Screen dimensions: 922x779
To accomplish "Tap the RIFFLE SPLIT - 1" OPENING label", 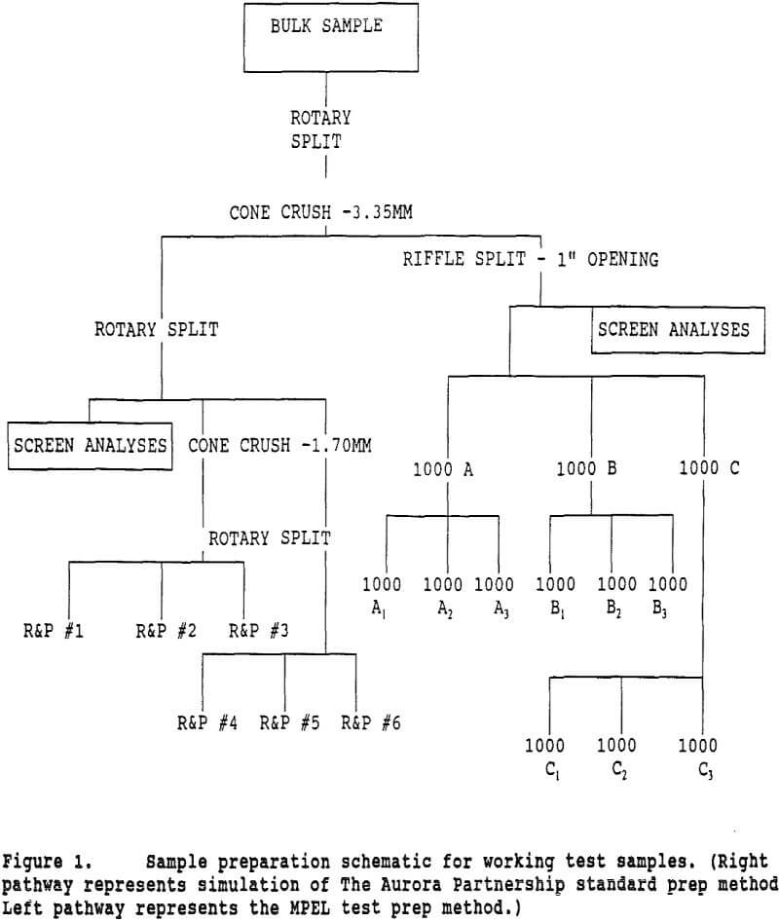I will tap(530, 259).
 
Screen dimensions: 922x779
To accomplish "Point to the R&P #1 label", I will tap(53, 631).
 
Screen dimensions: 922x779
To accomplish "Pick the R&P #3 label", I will tap(259, 631).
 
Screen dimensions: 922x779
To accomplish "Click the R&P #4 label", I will tap(207, 723).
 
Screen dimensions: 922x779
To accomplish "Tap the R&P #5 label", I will tap(289, 723).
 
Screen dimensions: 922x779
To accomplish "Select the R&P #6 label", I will tap(371, 723).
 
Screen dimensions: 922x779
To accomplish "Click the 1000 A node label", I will tap(442, 468).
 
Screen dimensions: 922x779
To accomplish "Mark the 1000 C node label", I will tap(709, 468).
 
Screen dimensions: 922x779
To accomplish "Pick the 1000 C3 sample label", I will tap(697, 756).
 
